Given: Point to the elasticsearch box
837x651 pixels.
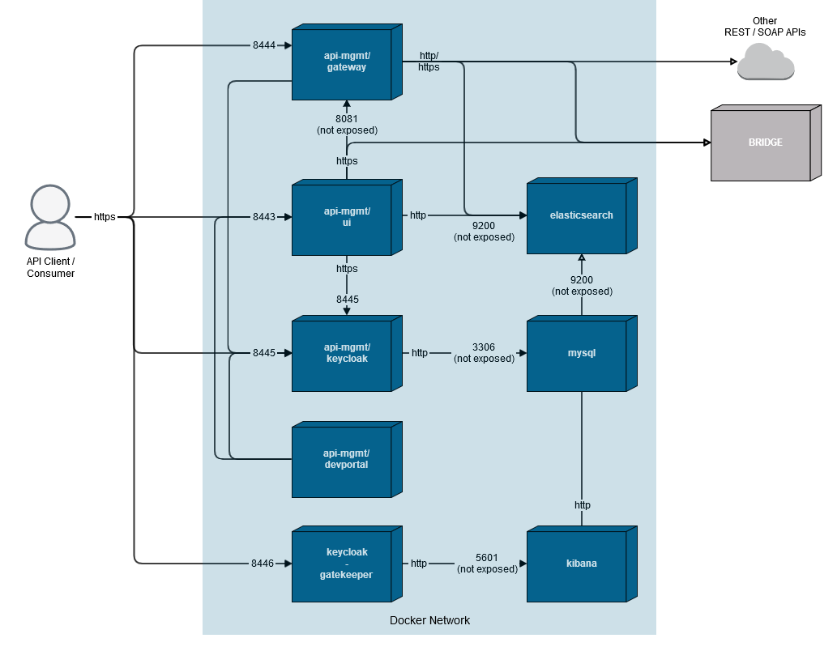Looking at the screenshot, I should [580, 216].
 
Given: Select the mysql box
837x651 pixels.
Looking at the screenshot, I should [580, 354].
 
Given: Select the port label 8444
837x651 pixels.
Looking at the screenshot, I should [264, 45].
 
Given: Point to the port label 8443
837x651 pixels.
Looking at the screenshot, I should [264, 217].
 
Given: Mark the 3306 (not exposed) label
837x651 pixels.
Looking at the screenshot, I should [484, 353].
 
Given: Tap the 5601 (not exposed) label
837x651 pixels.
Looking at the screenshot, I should [487, 564].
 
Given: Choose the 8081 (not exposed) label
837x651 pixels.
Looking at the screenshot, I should [347, 124].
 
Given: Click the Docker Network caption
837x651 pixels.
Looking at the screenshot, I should [429, 620].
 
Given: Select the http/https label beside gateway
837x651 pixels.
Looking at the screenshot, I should [429, 62].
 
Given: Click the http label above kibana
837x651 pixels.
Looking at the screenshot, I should [583, 504].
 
